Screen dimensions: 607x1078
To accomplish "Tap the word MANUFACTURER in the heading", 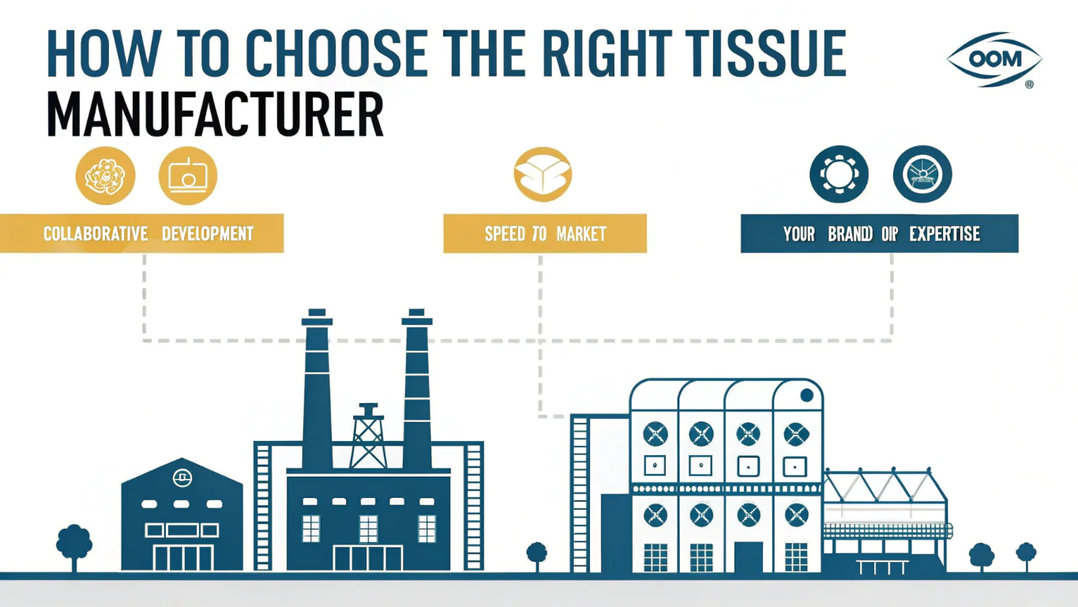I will click(216, 116).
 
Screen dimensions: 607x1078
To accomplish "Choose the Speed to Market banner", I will click(545, 234).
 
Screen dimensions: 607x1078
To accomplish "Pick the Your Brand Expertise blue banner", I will click(880, 234).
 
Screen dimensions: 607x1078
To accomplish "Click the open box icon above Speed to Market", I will click(542, 175).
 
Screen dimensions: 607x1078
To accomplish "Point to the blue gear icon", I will click(839, 175).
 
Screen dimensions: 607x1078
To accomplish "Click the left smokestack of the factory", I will click(317, 391).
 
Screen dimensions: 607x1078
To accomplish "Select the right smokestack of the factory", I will click(417, 391).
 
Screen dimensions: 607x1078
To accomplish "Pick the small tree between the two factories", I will click(537, 552).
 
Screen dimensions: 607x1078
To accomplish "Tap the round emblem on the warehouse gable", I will click(182, 477).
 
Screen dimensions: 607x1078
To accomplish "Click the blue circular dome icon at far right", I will click(922, 175).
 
